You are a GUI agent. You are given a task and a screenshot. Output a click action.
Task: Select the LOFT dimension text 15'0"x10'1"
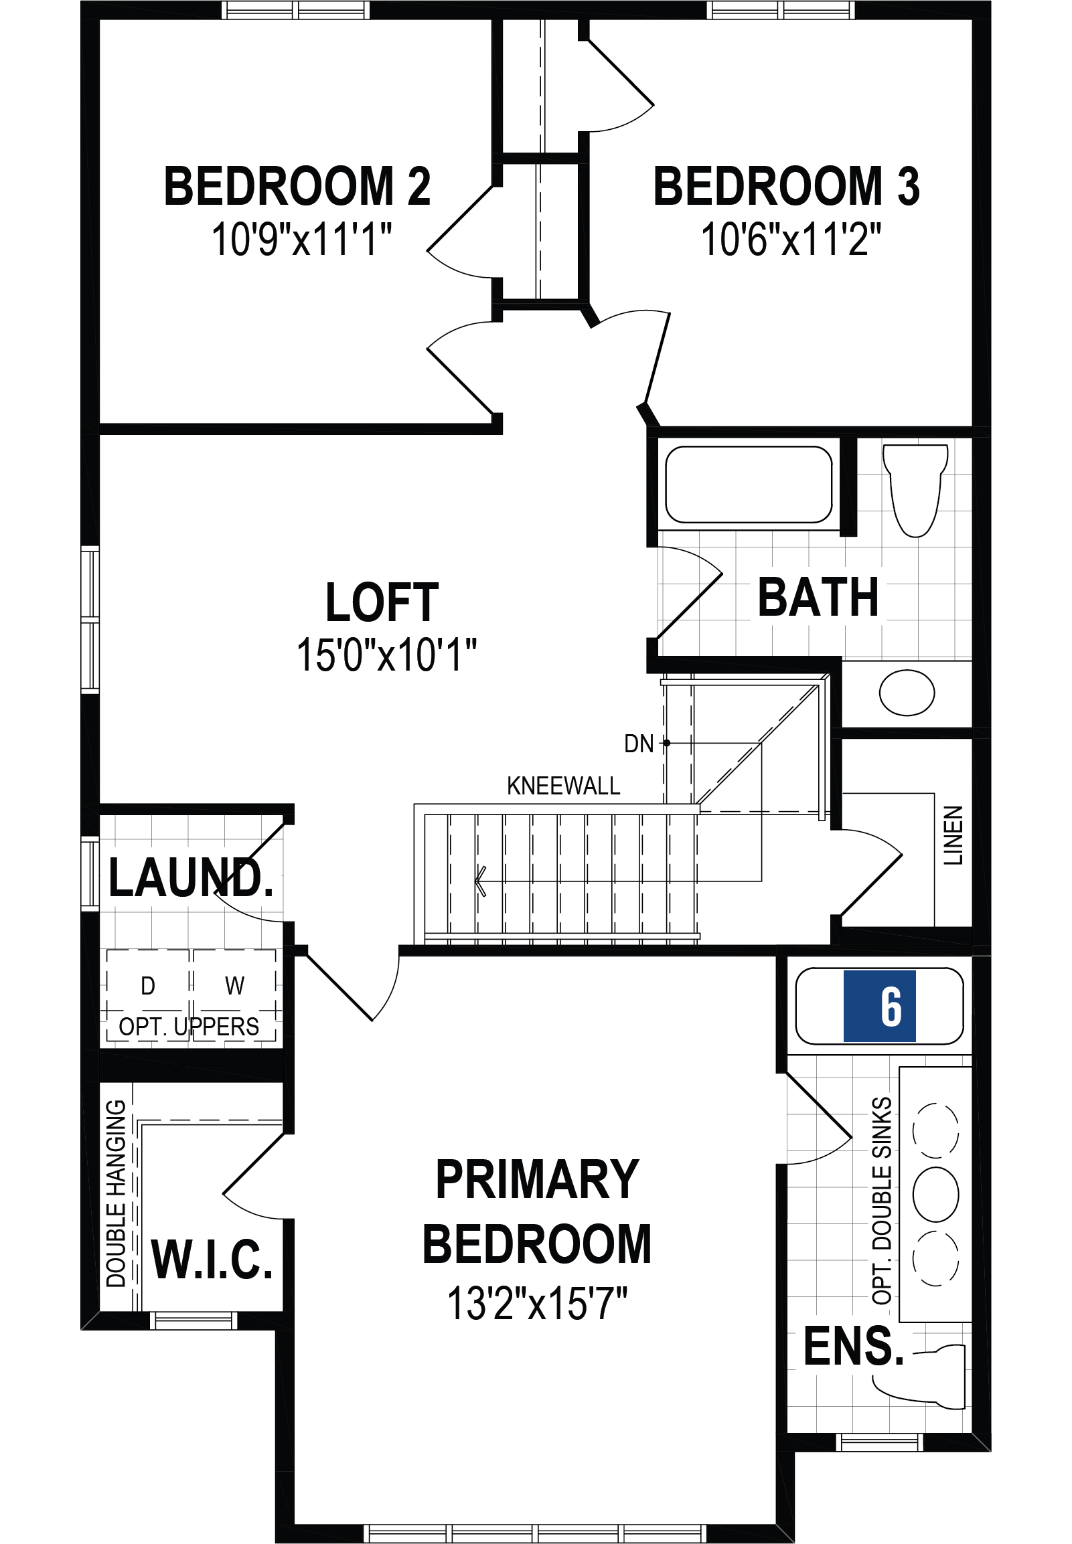pyautogui.click(x=386, y=655)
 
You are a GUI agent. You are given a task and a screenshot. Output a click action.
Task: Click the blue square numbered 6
pyautogui.click(x=879, y=1007)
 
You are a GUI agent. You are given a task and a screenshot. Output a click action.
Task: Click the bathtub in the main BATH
pyautogui.click(x=748, y=484)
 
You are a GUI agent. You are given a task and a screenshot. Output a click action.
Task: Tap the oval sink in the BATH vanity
pyautogui.click(x=906, y=693)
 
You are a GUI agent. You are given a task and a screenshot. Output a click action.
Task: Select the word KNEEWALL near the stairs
pyautogui.click(x=563, y=786)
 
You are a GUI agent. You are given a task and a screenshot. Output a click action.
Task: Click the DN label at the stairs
pyautogui.click(x=638, y=744)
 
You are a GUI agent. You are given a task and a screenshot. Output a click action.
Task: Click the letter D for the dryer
pyautogui.click(x=148, y=986)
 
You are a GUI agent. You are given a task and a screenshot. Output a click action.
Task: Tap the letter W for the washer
pyautogui.click(x=234, y=986)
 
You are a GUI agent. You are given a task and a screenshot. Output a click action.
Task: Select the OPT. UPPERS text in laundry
pyautogui.click(x=189, y=1027)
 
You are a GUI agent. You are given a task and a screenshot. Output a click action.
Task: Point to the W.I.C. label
pyautogui.click(x=212, y=1261)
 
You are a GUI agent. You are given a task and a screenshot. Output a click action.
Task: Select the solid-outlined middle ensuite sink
pyautogui.click(x=935, y=1194)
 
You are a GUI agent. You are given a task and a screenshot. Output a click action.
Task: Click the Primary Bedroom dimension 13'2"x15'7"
pyautogui.click(x=537, y=1303)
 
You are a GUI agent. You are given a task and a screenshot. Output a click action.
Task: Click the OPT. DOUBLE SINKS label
pyautogui.click(x=882, y=1201)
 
